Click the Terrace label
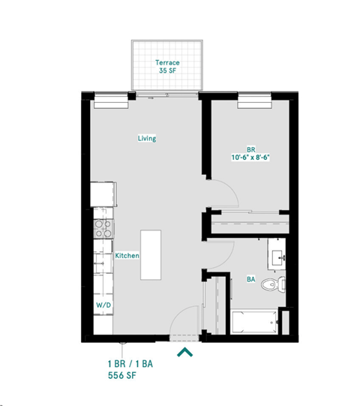[166, 62]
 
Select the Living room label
[146, 138]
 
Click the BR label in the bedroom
[250, 149]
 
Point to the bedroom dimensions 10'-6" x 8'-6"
[250, 158]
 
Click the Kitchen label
[127, 256]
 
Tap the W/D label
[102, 306]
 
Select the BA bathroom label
[250, 279]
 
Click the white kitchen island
[151, 254]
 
